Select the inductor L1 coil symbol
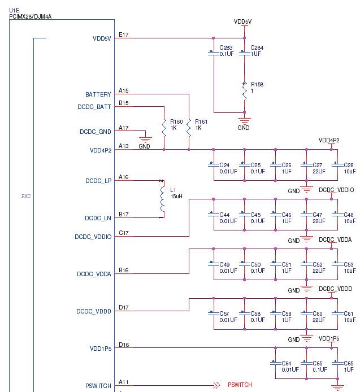tap(163, 199)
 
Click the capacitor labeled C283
tap(214, 54)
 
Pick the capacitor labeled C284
tap(245, 54)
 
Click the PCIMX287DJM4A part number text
tap(31, 16)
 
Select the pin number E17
tap(123, 35)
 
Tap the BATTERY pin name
tap(98, 94)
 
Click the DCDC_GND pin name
tap(94, 132)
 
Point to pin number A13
tap(123, 146)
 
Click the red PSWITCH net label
tap(240, 385)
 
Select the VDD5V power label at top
tap(242, 21)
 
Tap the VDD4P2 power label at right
tap(329, 140)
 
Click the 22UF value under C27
tap(319, 171)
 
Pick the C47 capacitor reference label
tap(318, 215)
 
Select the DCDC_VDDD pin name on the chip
tap(94, 311)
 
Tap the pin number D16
tap(123, 345)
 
